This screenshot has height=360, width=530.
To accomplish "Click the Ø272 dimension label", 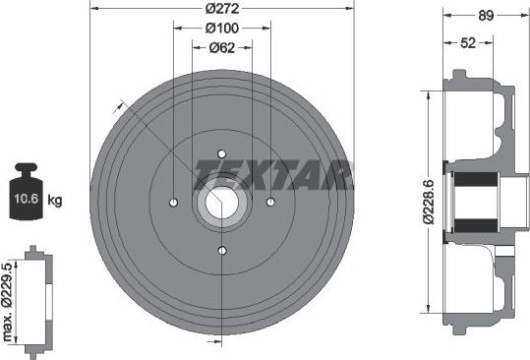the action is tap(222, 9).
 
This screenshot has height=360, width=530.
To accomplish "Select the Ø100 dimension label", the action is tap(222, 29).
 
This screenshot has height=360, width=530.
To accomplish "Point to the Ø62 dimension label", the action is tap(222, 47).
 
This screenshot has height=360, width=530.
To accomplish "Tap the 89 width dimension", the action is tap(486, 15).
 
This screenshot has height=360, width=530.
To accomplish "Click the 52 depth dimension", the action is tap(468, 43).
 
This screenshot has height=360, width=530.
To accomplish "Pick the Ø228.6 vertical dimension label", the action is tap(429, 202).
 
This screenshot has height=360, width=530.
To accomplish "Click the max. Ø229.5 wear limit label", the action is tap(7, 302).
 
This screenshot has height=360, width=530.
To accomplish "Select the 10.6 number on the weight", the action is tap(26, 198).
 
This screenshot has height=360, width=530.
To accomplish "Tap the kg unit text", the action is tap(55, 200).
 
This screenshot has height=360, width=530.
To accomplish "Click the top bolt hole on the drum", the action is tap(222, 154).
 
